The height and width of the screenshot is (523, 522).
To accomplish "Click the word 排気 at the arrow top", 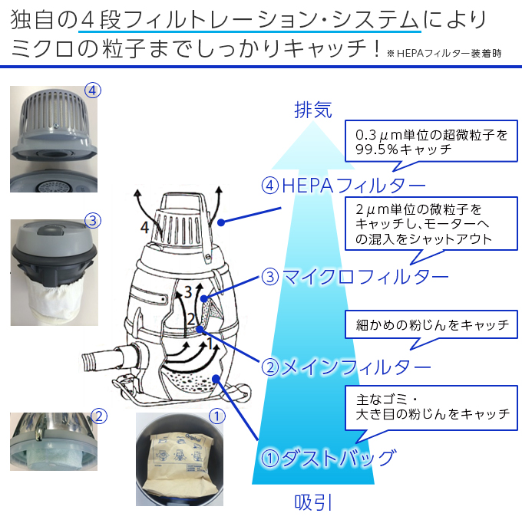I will [313, 110].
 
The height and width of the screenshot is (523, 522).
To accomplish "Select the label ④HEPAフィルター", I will [344, 186].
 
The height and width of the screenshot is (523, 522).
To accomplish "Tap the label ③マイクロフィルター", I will [355, 276].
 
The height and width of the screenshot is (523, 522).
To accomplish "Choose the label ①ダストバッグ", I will [329, 459].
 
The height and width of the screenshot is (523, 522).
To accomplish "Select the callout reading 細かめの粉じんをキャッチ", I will [432, 324].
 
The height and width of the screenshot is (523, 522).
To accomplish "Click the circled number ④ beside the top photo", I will [93, 90].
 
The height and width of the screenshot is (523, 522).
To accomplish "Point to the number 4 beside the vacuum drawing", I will [144, 226].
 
